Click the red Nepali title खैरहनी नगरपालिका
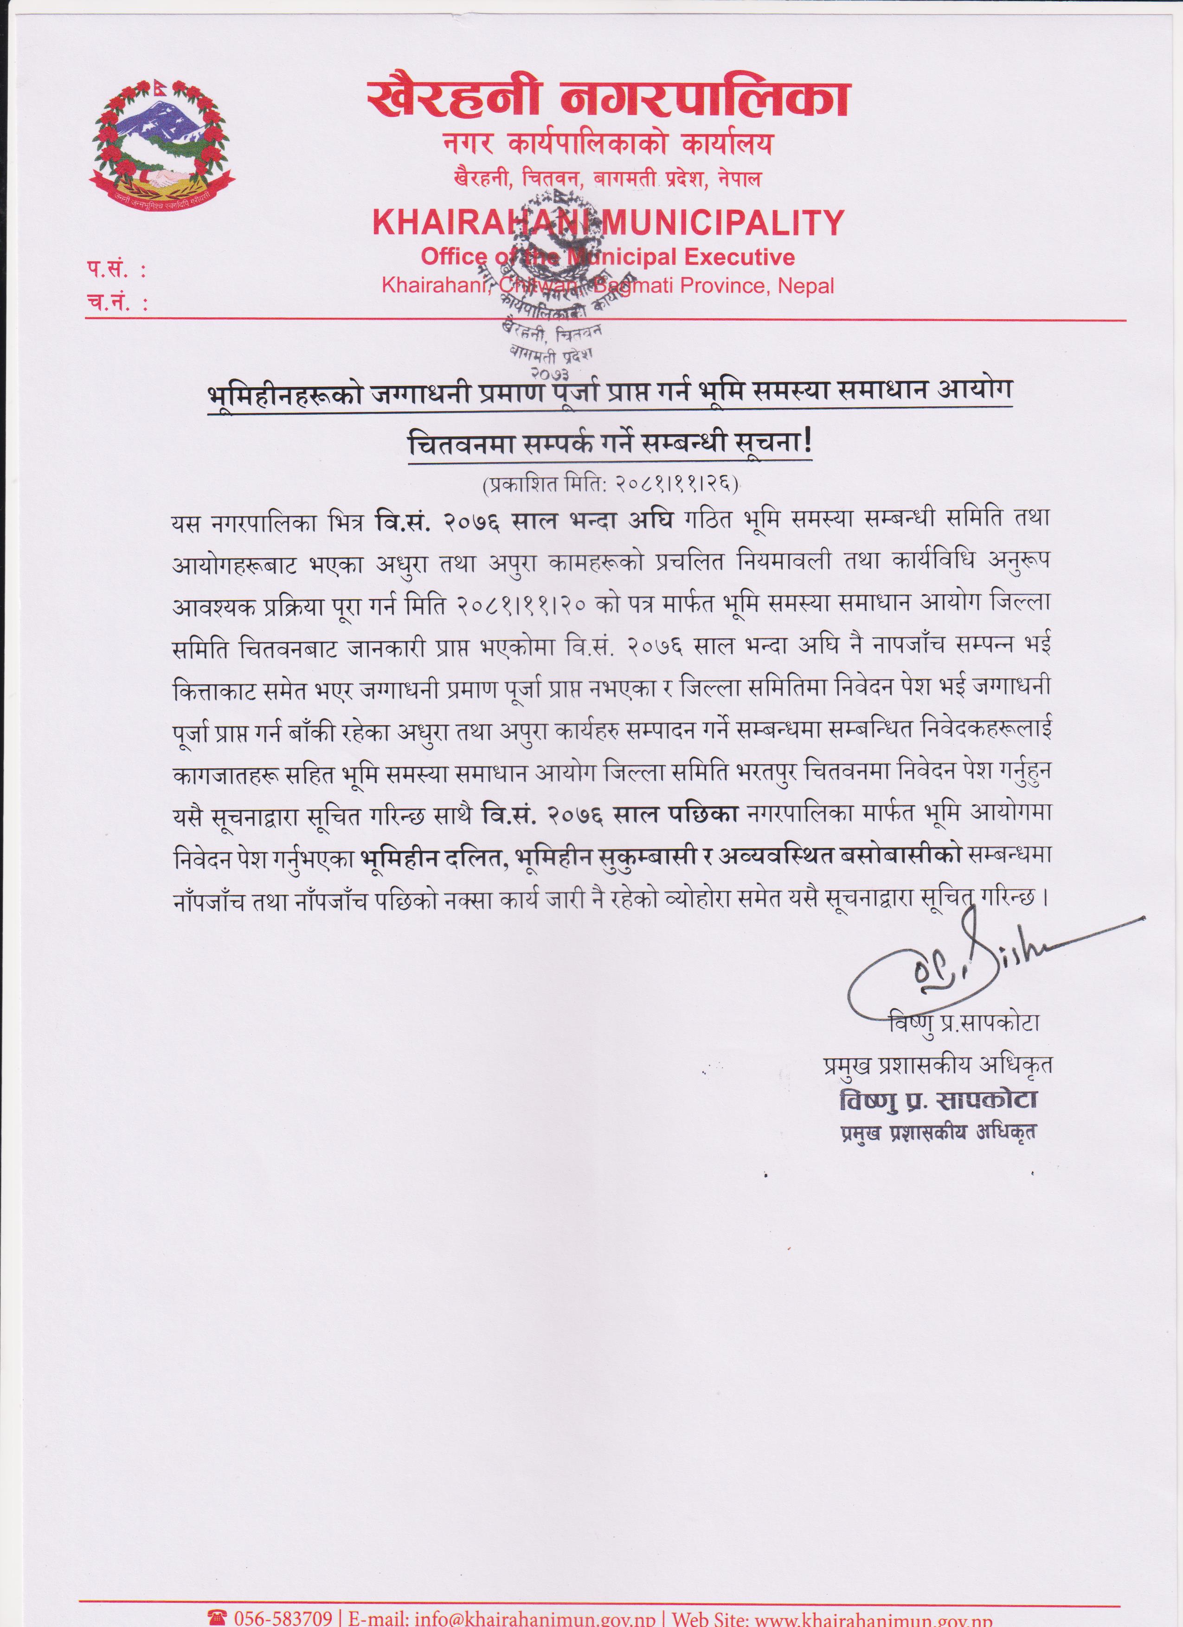point(608,98)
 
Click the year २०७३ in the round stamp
point(550,373)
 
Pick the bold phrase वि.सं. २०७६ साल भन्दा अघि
point(524,521)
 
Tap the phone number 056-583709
point(282,1618)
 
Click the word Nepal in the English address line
point(806,286)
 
